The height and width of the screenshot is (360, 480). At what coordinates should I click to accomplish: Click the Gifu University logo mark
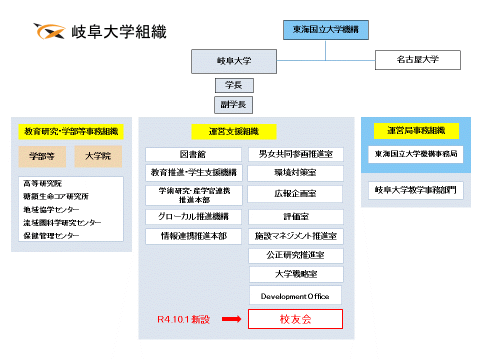(49, 31)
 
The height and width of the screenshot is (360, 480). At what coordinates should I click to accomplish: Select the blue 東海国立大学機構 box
(325, 30)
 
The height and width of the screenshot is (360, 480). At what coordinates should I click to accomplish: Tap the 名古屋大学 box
(417, 60)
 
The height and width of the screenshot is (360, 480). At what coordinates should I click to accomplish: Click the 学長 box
(234, 85)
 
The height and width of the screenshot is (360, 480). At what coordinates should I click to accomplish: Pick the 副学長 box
(233, 104)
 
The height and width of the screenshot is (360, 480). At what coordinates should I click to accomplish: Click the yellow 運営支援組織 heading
(234, 131)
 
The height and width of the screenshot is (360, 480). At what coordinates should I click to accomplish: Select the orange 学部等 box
(42, 156)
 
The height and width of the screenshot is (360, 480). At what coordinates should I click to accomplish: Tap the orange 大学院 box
(98, 156)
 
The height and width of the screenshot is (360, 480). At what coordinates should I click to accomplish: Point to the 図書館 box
(193, 154)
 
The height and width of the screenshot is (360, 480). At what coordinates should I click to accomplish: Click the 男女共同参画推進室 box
(295, 154)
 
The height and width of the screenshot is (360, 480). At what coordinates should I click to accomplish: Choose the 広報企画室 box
(295, 194)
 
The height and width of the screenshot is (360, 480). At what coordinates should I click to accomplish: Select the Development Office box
(295, 295)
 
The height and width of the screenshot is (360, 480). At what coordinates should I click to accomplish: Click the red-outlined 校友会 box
(295, 319)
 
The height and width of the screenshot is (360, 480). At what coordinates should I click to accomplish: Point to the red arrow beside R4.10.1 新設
(231, 319)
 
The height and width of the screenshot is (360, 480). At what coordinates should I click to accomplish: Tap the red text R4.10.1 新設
(183, 319)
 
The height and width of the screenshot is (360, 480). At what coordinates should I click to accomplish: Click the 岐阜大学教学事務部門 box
(415, 190)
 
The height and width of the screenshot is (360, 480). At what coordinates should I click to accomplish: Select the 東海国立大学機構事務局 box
(415, 154)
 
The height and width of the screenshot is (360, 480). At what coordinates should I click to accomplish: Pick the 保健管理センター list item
(51, 235)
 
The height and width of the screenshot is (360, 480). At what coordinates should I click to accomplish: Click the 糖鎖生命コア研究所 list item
(55, 196)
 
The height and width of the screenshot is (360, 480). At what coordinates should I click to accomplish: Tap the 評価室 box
(296, 216)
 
